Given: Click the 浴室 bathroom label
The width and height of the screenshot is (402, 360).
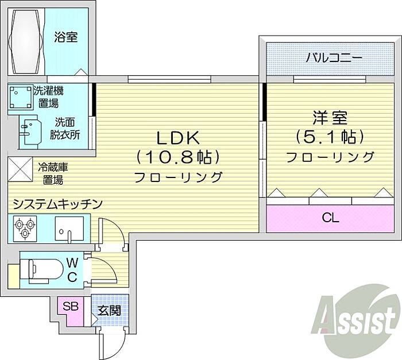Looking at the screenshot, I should (66, 37).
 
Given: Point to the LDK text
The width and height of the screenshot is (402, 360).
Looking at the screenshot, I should (178, 138).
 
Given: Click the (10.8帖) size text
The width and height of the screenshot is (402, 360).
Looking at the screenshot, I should (178, 157).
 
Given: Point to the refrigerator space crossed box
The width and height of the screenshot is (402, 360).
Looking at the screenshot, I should (20, 170).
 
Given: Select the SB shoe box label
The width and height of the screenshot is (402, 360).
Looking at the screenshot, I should (71, 306).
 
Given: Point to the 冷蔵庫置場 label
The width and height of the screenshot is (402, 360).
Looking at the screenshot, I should (53, 173).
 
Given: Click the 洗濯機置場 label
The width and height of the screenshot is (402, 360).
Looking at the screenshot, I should (50, 96).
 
